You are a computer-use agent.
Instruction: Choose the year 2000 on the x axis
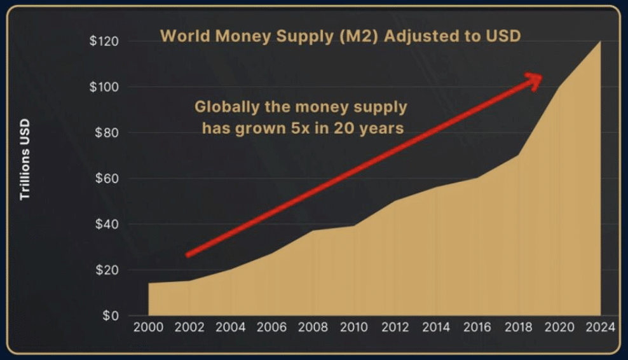pos(149,328)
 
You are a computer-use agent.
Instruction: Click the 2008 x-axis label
pos(313,328)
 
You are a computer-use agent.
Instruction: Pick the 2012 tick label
pos(395,328)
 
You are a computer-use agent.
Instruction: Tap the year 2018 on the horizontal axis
pos(518,328)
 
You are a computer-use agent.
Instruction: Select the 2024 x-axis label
pos(600,328)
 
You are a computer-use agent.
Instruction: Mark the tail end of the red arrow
pos(188,254)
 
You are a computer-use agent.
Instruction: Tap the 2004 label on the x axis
pos(231,328)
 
